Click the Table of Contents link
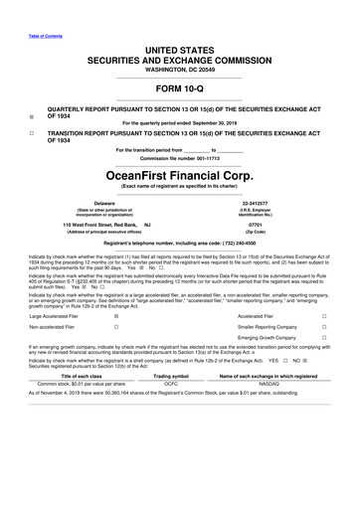43,10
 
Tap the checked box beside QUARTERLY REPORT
33,115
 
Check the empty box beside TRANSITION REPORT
33,131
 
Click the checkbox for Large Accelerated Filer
117,317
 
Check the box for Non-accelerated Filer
117,329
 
